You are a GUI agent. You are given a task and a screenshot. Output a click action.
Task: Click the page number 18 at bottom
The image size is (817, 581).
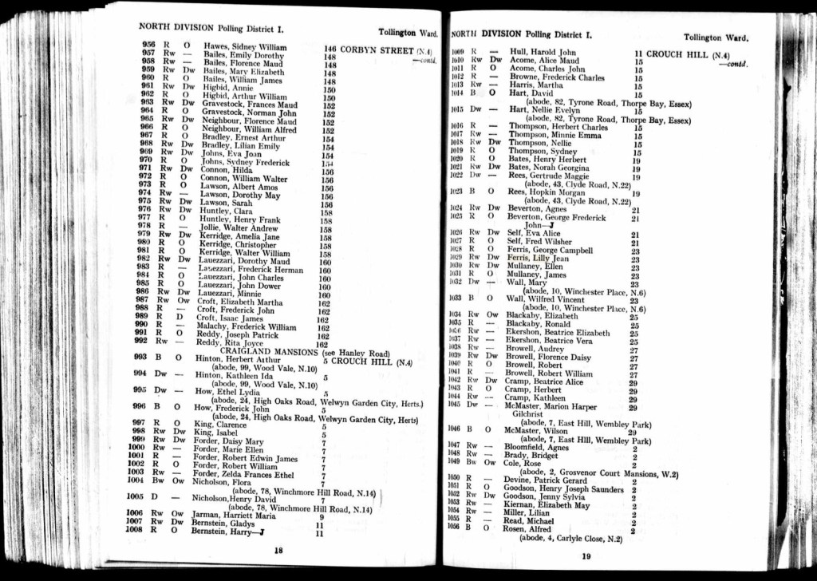(x=278, y=550)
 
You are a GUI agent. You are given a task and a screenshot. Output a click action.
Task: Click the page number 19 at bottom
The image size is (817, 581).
(x=586, y=556)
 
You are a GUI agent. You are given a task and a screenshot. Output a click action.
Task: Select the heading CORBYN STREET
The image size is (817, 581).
(x=377, y=49)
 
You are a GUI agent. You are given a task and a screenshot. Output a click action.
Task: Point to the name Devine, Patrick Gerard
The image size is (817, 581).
(x=544, y=480)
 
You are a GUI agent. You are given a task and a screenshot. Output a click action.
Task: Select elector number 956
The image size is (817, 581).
(x=148, y=45)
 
